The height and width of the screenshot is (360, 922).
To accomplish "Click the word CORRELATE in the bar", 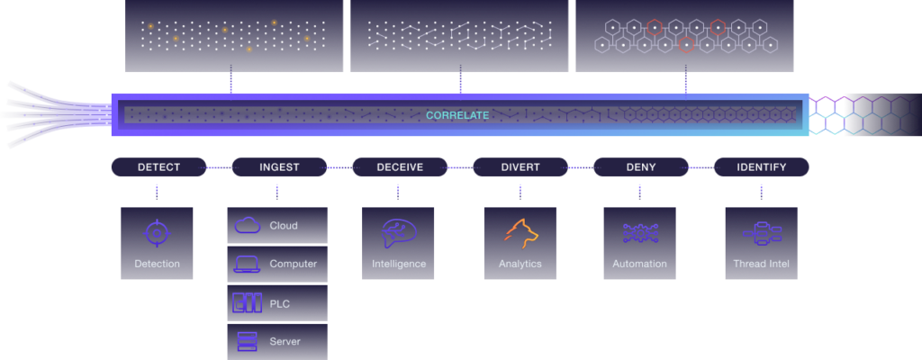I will (x=458, y=115).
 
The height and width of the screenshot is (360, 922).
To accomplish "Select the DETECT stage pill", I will (x=158, y=167).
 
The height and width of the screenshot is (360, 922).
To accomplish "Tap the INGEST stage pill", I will (x=278, y=167).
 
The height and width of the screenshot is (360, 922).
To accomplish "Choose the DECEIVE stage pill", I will (x=399, y=167).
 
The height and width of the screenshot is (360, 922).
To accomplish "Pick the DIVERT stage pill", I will (x=520, y=167).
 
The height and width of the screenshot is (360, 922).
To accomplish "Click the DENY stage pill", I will (x=640, y=167).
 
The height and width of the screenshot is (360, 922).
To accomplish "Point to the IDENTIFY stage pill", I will (x=761, y=167).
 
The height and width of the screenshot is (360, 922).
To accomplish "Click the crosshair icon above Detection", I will (x=157, y=233).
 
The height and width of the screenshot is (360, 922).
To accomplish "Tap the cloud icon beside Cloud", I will (x=248, y=226).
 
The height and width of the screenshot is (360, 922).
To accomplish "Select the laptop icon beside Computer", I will (x=248, y=264).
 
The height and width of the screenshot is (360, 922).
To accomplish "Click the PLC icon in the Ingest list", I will (x=248, y=303).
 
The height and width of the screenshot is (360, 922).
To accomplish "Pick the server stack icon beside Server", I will (x=248, y=341).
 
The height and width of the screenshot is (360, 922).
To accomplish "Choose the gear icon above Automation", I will (x=640, y=233).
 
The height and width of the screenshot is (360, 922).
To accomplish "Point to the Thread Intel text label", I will (x=761, y=264).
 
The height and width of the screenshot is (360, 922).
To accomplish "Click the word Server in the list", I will (x=285, y=341).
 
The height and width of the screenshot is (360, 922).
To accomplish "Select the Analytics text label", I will (x=520, y=264).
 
